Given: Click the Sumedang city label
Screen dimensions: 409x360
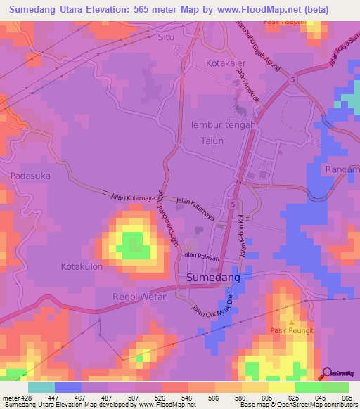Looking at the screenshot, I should click(214, 278).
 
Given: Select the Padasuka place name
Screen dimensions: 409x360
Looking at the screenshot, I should click(30, 176).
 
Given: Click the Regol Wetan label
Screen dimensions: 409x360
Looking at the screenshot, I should click(140, 297).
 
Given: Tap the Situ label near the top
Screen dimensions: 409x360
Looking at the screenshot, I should click(166, 37).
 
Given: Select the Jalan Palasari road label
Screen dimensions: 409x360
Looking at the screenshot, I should click(202, 256).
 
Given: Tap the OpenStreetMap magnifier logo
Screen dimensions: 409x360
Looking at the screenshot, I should click(327, 374).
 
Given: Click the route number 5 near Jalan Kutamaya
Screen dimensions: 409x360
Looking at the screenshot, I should click(232, 204).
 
